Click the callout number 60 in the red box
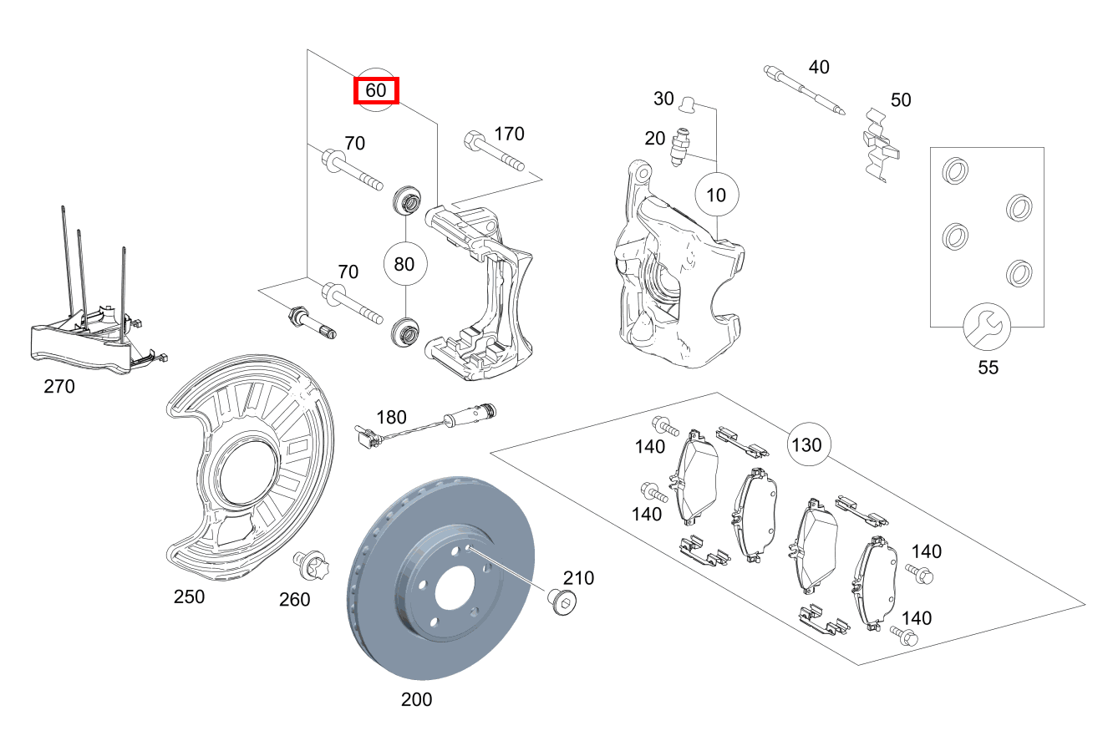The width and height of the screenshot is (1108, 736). [376, 90]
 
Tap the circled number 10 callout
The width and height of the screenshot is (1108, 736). [717, 195]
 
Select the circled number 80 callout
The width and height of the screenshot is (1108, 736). [404, 264]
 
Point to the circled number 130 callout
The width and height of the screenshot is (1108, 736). [806, 444]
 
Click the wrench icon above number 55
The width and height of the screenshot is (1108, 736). [987, 327]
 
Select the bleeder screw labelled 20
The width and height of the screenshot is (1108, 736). [682, 146]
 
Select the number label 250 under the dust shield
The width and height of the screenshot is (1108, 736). [189, 597]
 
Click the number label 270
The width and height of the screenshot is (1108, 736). [58, 387]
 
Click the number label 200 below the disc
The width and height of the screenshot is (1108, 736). [416, 699]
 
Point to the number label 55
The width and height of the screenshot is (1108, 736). [988, 367]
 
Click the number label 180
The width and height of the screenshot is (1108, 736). [391, 417]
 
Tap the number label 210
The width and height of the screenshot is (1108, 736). [578, 577]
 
